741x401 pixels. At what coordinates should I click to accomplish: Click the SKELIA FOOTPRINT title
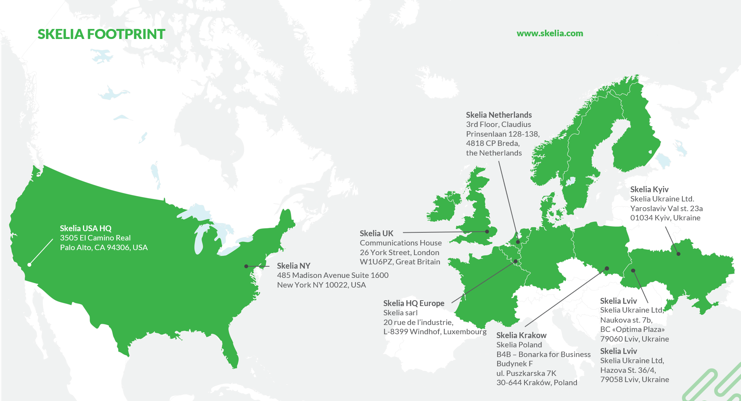[x=101, y=34]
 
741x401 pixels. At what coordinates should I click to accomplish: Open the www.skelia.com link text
[x=550, y=34]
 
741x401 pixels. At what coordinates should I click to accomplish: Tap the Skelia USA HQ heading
[x=85, y=228]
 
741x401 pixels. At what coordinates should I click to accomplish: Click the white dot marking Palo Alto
[x=29, y=265]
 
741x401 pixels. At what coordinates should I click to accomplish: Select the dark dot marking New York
[x=246, y=266]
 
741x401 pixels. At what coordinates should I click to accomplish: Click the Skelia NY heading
[x=293, y=266]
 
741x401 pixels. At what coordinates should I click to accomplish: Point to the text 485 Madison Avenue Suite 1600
[x=332, y=275]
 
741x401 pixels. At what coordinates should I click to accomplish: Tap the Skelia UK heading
[x=376, y=233]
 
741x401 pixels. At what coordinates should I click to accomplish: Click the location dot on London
[x=487, y=232]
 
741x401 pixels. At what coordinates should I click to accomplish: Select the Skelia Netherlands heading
[x=499, y=115]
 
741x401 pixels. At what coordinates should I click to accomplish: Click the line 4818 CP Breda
[x=492, y=143]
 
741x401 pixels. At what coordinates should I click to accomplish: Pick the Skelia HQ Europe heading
[x=413, y=303]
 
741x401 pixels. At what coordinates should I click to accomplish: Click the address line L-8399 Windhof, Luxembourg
[x=435, y=332]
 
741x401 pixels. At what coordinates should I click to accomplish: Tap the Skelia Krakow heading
[x=521, y=335]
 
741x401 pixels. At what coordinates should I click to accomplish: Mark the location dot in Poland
[x=607, y=268]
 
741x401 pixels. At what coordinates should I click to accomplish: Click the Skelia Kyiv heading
[x=649, y=190]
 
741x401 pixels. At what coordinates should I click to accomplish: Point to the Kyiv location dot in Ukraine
[x=678, y=254]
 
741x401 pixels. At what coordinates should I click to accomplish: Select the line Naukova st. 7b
[x=626, y=320]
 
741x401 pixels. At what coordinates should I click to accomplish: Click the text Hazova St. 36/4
[x=628, y=370]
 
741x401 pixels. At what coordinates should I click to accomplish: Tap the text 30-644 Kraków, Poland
[x=536, y=382]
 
